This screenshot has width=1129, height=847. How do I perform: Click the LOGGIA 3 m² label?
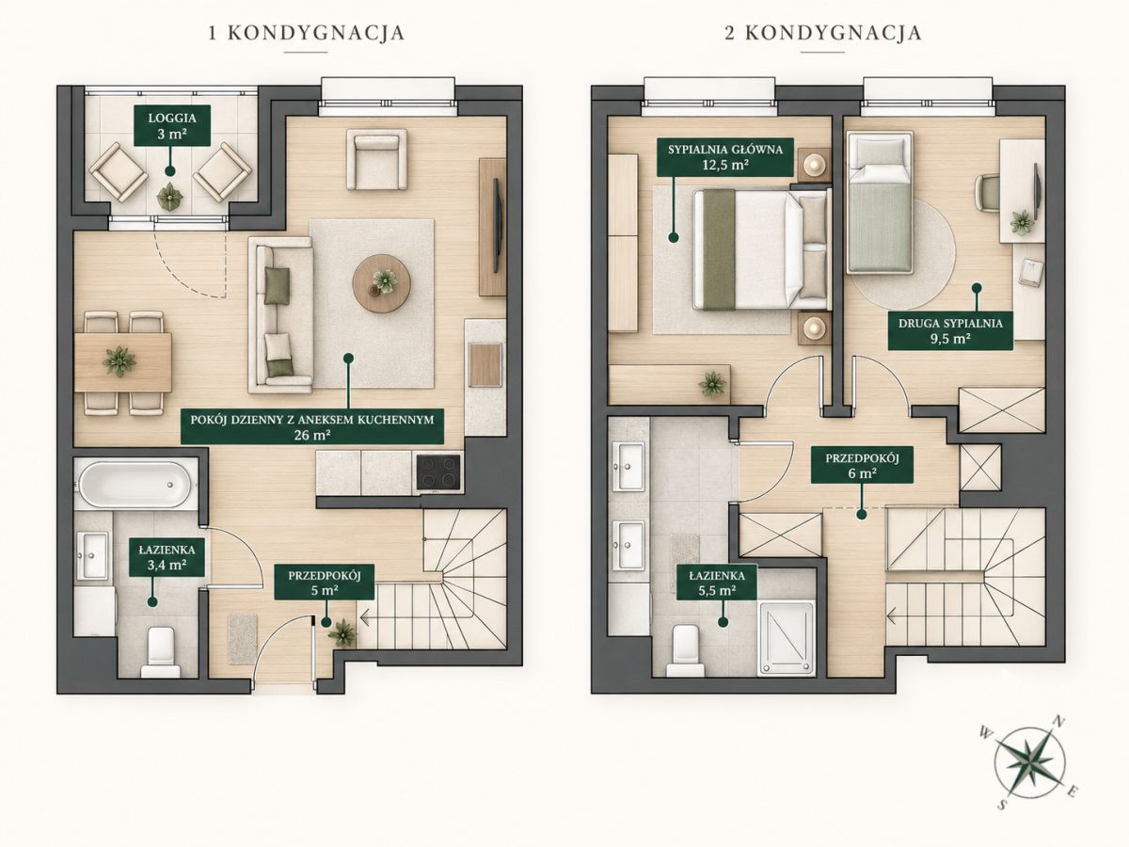click(x=172, y=125)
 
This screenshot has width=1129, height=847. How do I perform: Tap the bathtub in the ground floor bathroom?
click(x=135, y=484)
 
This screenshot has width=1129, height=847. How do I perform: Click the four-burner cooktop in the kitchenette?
click(x=438, y=471)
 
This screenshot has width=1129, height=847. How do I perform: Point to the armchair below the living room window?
click(x=376, y=159)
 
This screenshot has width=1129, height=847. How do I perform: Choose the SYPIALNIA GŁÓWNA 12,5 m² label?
click(x=725, y=157)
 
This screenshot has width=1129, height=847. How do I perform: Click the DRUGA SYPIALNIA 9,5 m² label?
click(x=950, y=330)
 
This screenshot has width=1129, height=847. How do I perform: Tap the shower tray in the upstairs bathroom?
click(x=787, y=637)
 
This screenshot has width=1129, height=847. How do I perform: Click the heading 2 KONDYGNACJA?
click(x=823, y=33)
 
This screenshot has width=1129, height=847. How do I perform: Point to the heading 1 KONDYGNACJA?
click(x=307, y=33)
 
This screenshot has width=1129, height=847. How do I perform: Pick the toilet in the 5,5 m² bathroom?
click(x=685, y=650)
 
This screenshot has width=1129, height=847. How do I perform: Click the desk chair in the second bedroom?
click(x=987, y=193)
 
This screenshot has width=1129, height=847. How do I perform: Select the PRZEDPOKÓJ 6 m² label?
click(x=862, y=466)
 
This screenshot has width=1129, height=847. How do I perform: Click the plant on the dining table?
click(x=119, y=361)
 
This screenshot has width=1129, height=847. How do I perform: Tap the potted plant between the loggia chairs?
click(x=169, y=196)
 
